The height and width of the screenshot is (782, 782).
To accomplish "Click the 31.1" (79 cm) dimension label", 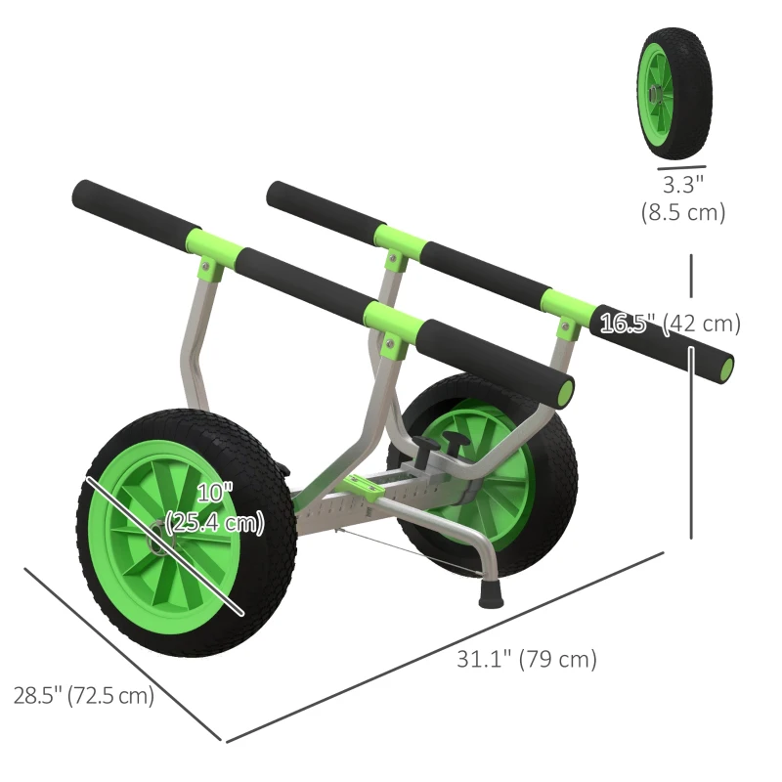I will point(527,659).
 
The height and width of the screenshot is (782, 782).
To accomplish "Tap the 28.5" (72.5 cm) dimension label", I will point(83,696).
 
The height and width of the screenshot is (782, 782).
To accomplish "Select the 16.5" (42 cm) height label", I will point(671,324).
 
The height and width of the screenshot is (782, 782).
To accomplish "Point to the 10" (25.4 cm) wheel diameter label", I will point(215,509).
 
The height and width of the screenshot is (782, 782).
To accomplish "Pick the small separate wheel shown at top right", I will point(674,93).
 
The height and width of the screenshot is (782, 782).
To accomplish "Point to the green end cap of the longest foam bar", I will point(724,368).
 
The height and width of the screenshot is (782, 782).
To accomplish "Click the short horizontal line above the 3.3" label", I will point(681,168).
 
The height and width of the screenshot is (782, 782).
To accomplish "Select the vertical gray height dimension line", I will point(692,440).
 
